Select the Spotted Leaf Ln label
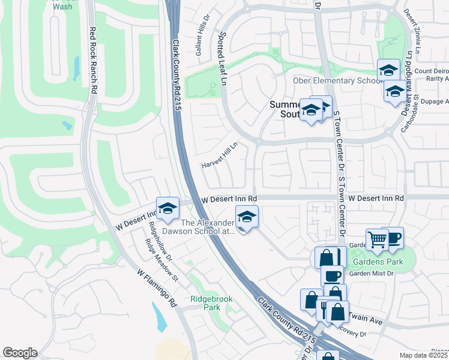click(x=224, y=59)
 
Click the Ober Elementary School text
click(x=335, y=81)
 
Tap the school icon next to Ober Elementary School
click(x=388, y=70)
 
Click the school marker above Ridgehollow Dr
click(x=168, y=208)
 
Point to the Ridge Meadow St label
click(x=161, y=260)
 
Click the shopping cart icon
click(x=377, y=239)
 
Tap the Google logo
click(x=20, y=352)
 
